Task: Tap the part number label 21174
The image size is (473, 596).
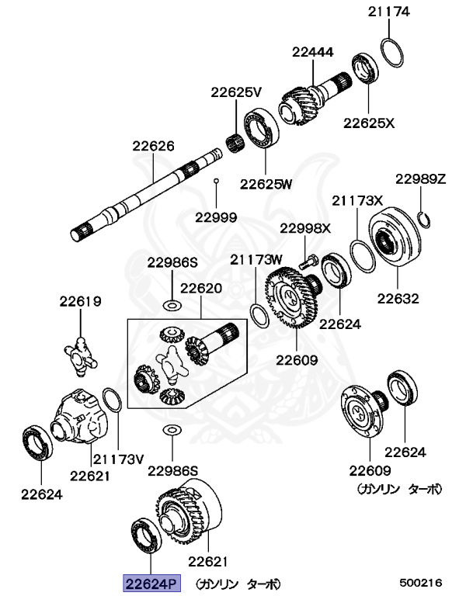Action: pyautogui.click(x=390, y=12)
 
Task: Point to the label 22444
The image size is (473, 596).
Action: pyautogui.click(x=313, y=53)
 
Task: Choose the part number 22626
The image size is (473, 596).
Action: pyautogui.click(x=153, y=146)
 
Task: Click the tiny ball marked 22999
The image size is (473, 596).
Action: pyautogui.click(x=217, y=181)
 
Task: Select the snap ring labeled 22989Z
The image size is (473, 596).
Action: pyautogui.click(x=424, y=220)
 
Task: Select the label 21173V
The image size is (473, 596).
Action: pyautogui.click(x=119, y=459)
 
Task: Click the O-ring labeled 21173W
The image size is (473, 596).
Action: pyautogui.click(x=259, y=314)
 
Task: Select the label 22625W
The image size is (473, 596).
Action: pyautogui.click(x=266, y=184)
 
